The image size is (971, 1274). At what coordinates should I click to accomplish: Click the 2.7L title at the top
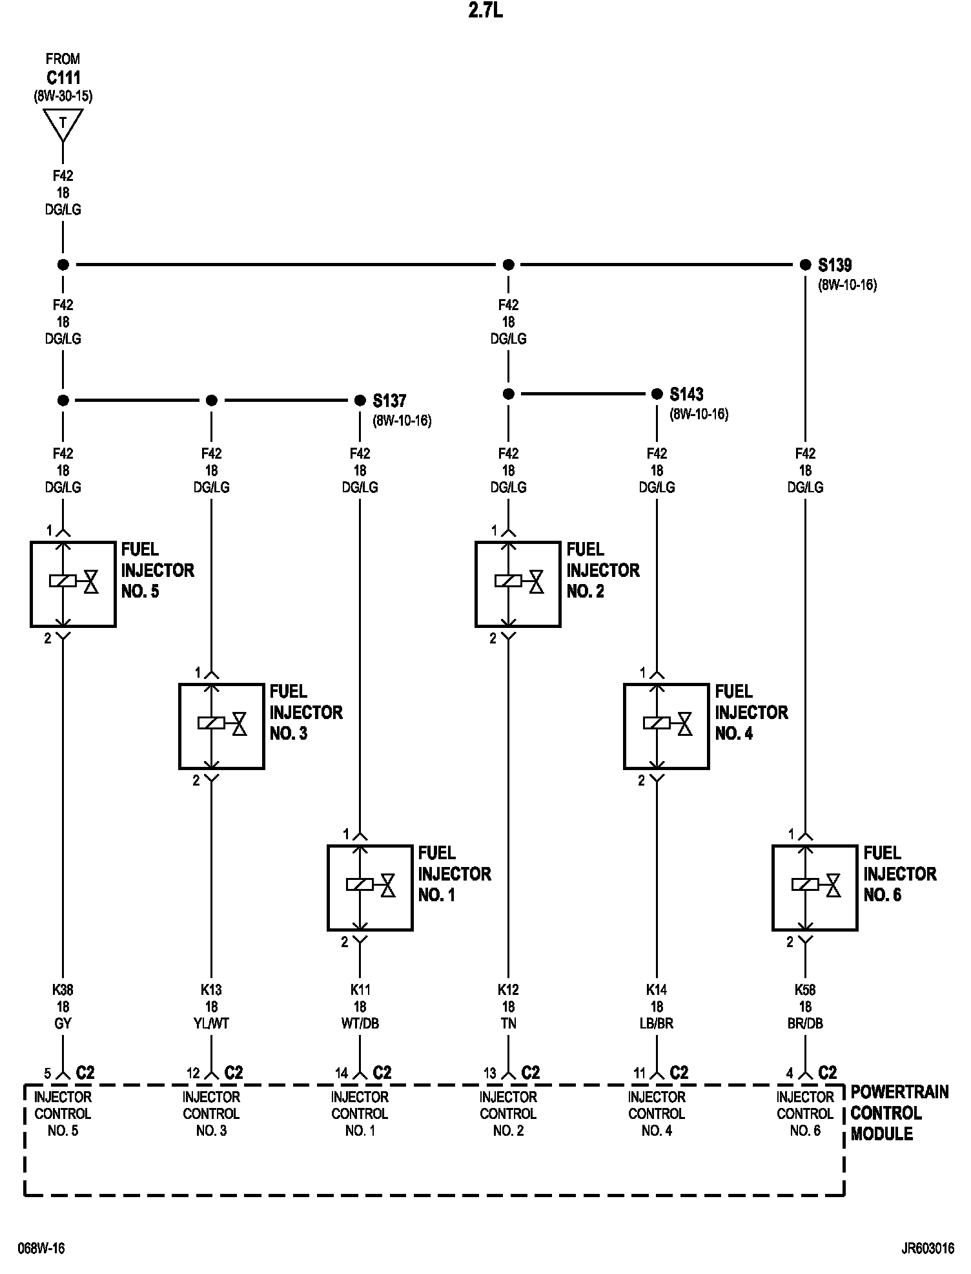tap(486, 12)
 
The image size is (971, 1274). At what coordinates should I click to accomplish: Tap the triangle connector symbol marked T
tap(63, 124)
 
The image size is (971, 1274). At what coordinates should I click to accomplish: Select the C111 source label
tap(63, 78)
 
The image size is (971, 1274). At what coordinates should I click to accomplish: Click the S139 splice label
tap(835, 265)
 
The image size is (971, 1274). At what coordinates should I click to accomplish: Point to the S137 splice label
tap(389, 401)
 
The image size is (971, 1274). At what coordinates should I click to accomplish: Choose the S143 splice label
tap(686, 394)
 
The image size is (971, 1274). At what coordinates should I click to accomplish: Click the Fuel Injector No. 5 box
tap(73, 584)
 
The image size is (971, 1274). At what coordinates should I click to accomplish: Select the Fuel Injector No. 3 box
tap(221, 726)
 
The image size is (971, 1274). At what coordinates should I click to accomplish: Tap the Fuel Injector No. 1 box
tap(370, 888)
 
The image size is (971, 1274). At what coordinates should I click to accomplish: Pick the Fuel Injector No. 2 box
tap(518, 584)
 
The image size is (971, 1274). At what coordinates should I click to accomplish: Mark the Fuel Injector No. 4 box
tap(666, 726)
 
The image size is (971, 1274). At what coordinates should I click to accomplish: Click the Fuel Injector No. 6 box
tap(815, 888)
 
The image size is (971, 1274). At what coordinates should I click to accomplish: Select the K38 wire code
tap(63, 990)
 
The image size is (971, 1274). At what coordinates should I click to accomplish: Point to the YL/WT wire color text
tap(211, 1023)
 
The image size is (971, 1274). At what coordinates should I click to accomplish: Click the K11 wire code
tap(360, 990)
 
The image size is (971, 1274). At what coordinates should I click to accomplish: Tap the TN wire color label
tap(508, 1023)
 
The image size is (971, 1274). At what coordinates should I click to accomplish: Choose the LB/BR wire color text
tap(657, 1023)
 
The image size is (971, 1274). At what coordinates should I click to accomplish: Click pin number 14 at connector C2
tap(342, 1073)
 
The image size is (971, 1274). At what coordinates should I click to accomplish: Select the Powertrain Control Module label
tap(899, 1112)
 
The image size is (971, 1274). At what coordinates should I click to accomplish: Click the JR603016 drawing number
tap(927, 1248)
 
